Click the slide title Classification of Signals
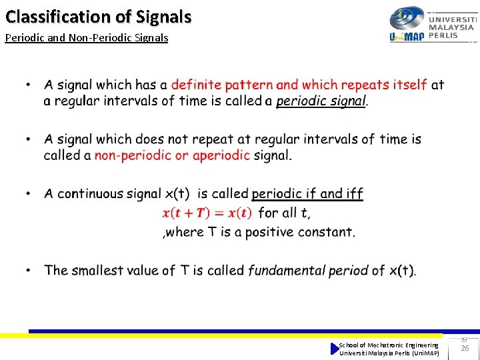pyautogui.click(x=98, y=17)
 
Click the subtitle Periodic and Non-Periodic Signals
pyautogui.click(x=87, y=38)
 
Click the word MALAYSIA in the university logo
pyautogui.click(x=451, y=27)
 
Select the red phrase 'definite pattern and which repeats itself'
pyautogui.click(x=299, y=85)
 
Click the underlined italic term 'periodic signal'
pyautogui.click(x=321, y=101)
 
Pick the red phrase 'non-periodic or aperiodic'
pyautogui.click(x=172, y=155)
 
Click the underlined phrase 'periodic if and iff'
pyautogui.click(x=307, y=194)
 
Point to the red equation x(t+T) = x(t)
pyautogui.click(x=207, y=213)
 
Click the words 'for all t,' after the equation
pyautogui.click(x=284, y=213)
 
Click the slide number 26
pyautogui.click(x=465, y=348)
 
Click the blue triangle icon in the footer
pyautogui.click(x=335, y=349)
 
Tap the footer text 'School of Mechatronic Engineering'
pyautogui.click(x=389, y=345)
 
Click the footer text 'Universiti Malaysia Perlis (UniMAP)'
pyautogui.click(x=389, y=353)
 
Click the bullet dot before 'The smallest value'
pyautogui.click(x=29, y=270)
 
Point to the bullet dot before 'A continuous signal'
pyautogui.click(x=29, y=193)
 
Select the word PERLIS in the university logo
pyautogui.click(x=443, y=36)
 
